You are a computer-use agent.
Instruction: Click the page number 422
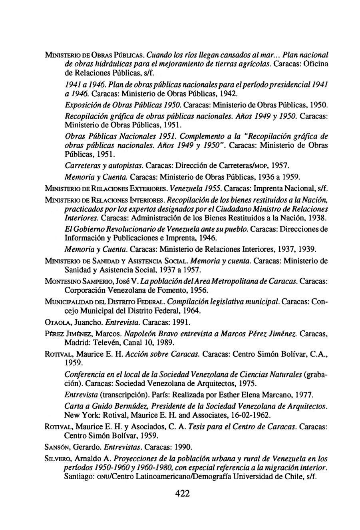click(x=182, y=493)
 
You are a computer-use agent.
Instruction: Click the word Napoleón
click(x=142, y=333)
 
